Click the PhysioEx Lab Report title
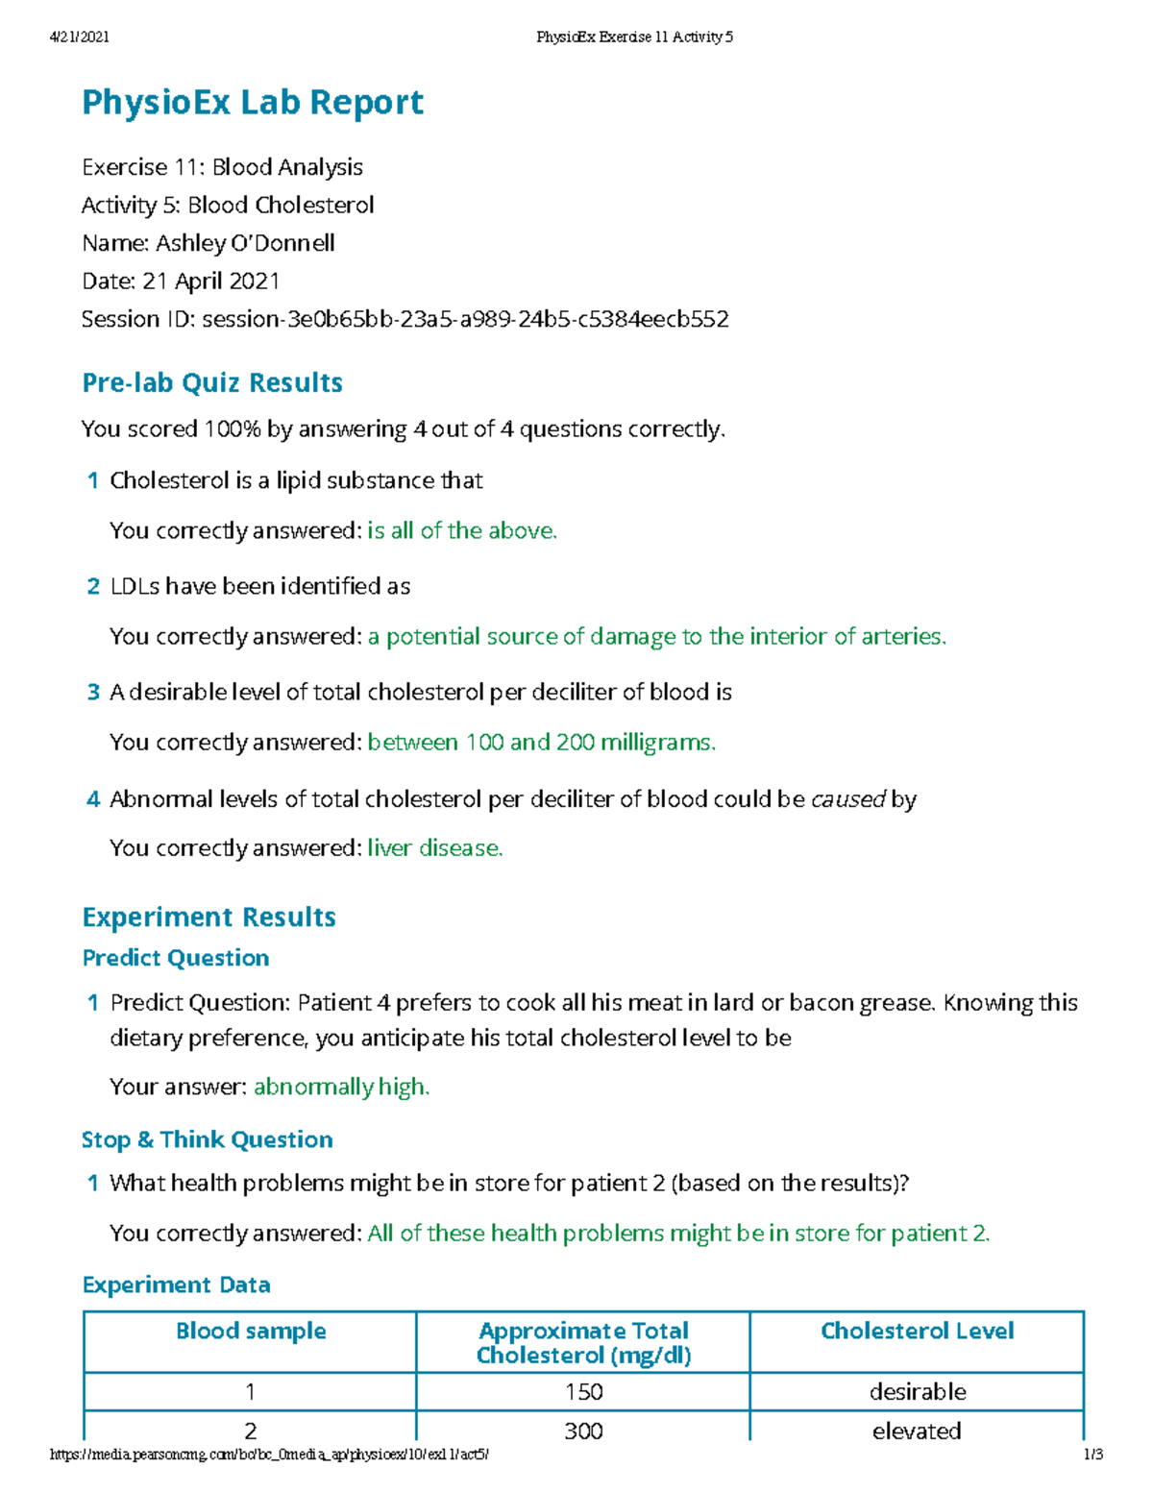[x=252, y=103]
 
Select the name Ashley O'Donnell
[x=245, y=243]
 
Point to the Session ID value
[x=465, y=319]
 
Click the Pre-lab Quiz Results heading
[x=212, y=382]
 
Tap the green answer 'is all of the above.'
[x=462, y=530]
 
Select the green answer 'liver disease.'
[x=435, y=847]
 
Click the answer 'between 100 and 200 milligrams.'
[x=542, y=742]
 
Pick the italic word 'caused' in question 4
[x=847, y=799]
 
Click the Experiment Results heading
[x=209, y=917]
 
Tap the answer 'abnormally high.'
[x=341, y=1087]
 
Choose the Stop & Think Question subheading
[x=208, y=1139]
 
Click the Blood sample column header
[x=251, y=1331]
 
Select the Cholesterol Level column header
[x=917, y=1331]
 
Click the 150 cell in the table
[x=583, y=1391]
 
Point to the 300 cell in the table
[x=583, y=1431]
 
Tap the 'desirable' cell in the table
[x=917, y=1391]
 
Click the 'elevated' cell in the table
[x=917, y=1431]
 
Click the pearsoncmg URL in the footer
[x=269, y=1455]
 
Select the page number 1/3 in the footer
[x=1092, y=1455]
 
